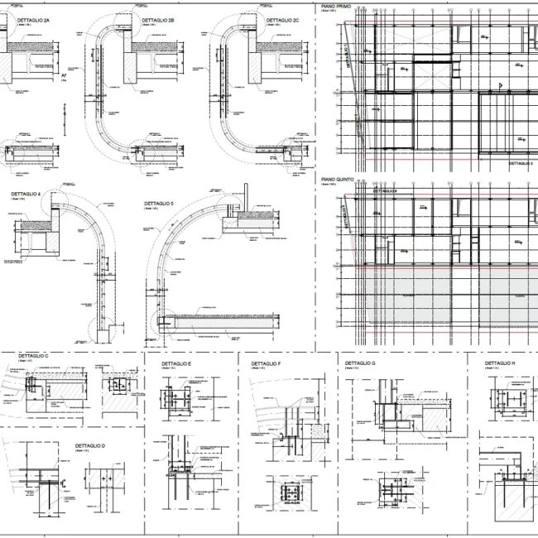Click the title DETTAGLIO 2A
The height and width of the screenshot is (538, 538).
(x=34, y=18)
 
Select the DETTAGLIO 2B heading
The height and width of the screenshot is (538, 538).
(x=158, y=18)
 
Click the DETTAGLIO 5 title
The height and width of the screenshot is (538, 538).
(x=158, y=203)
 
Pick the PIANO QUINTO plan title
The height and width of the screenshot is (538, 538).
(x=337, y=179)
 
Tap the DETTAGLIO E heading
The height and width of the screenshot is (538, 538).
(x=176, y=364)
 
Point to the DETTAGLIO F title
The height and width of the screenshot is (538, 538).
(x=266, y=364)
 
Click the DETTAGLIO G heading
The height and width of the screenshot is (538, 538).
(x=360, y=363)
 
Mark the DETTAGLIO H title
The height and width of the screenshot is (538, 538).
(x=500, y=363)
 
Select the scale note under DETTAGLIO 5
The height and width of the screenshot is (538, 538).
(x=152, y=209)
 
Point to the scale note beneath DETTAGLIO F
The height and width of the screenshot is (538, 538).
(x=259, y=371)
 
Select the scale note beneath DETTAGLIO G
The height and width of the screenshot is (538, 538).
(x=353, y=370)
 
